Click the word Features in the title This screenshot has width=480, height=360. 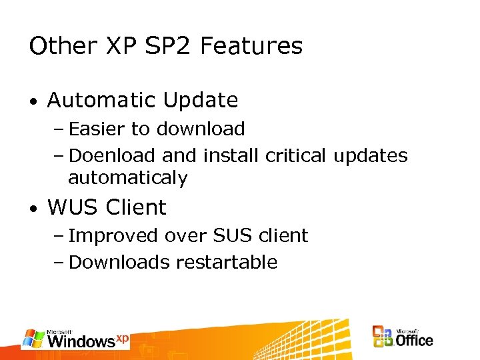[251, 46]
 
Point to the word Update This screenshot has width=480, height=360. [201, 100]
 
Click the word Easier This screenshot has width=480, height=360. [97, 129]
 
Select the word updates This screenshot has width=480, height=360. [371, 156]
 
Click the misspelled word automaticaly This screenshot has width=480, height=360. [128, 179]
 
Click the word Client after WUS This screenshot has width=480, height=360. [136, 207]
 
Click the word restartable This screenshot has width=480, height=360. [227, 262]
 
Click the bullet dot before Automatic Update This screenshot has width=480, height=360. [33, 102]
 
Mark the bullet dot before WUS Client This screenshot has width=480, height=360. [33, 209]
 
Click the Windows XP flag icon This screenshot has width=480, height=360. [33, 339]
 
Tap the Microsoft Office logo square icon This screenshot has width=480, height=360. [383, 337]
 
